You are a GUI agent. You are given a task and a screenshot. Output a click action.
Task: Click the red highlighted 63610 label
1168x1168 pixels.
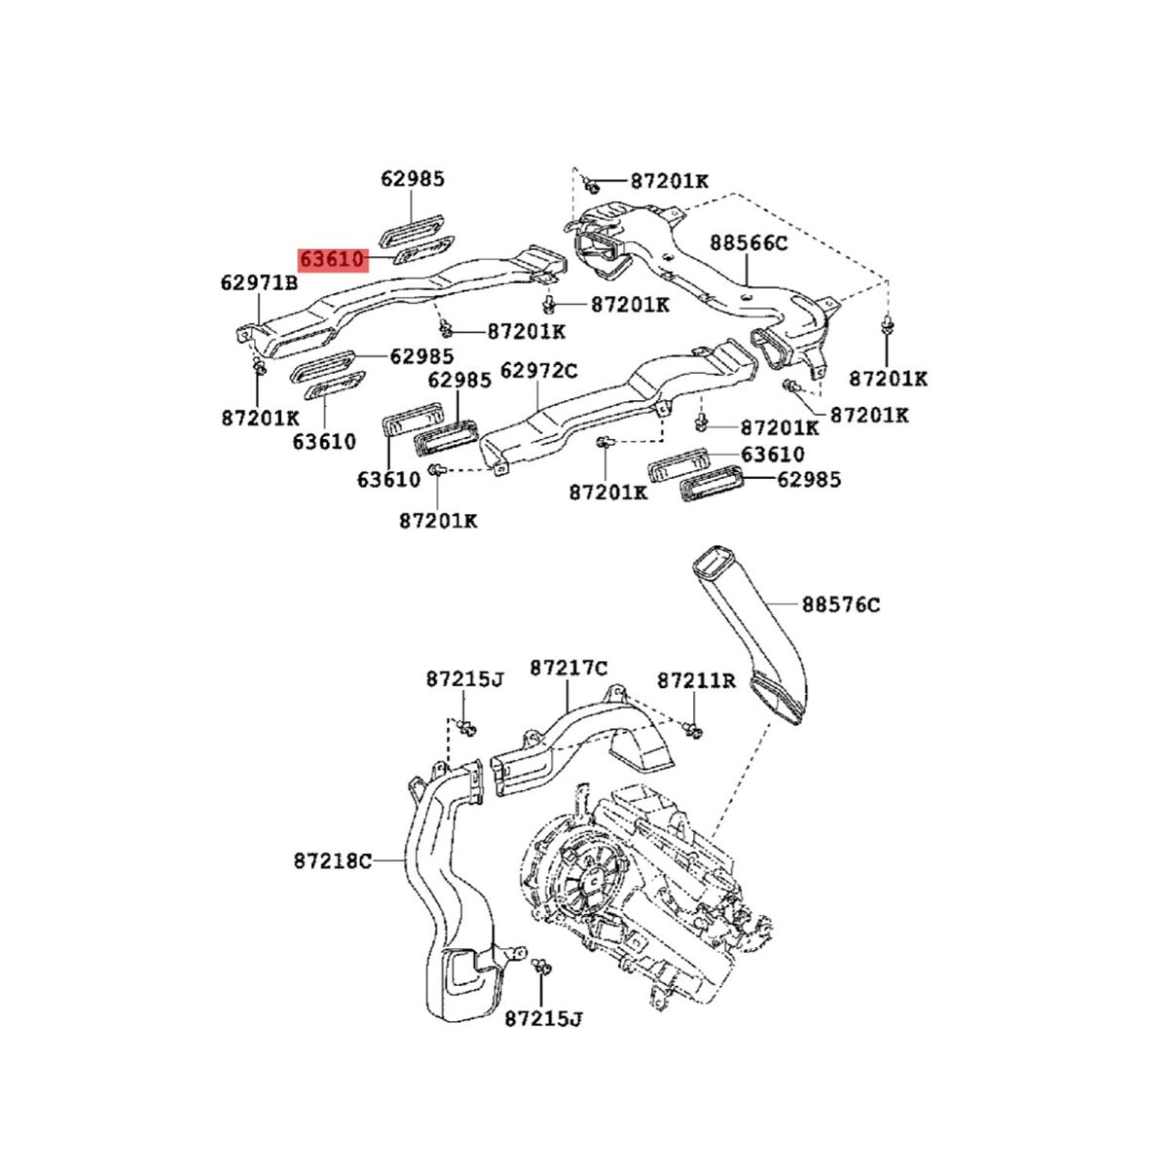(332, 260)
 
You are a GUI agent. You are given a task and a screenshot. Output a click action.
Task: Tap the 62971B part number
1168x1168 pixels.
(258, 283)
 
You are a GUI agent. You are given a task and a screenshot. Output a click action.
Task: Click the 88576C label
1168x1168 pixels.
(841, 604)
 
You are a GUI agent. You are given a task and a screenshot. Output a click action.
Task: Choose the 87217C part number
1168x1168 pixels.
(568, 668)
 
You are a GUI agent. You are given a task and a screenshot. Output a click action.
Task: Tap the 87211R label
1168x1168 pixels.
(696, 679)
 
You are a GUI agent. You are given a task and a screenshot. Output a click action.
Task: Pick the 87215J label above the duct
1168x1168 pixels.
(464, 679)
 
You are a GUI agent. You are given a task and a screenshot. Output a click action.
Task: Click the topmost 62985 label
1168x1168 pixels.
(413, 179)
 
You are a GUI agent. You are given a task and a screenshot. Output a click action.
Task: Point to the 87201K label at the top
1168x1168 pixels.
(670, 181)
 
